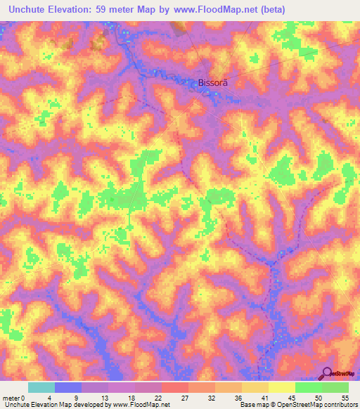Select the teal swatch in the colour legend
pos(41,387)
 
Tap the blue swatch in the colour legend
pos(67,387)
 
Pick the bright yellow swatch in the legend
pos(281,387)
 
